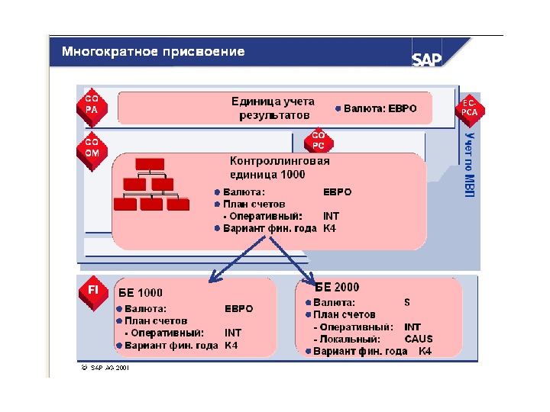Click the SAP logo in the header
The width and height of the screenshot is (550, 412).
[x=428, y=59]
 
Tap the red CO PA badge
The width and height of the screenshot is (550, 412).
[x=92, y=105]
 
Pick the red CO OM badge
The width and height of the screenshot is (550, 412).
[x=92, y=147]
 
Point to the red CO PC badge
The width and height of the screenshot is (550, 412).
[x=319, y=140]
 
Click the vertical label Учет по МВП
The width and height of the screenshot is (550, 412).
[x=469, y=164]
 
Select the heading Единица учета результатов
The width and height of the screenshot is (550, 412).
[x=274, y=108]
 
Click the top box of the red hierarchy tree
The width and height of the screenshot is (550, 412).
[x=150, y=164]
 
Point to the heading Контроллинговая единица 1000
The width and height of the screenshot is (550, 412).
[x=280, y=168]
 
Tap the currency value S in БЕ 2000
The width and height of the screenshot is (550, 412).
[x=407, y=302]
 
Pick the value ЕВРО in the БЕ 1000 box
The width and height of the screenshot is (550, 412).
[x=238, y=309]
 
